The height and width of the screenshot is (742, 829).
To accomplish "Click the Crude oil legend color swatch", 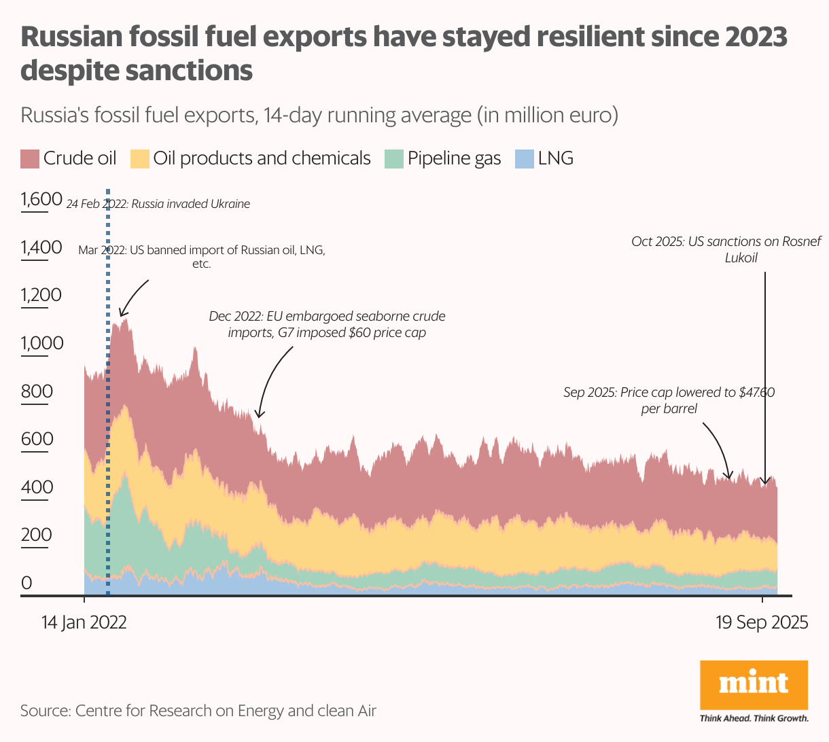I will pyautogui.click(x=31, y=159).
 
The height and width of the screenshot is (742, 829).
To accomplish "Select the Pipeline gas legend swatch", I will pyautogui.click(x=394, y=159).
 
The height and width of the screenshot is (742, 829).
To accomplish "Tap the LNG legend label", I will pyautogui.click(x=556, y=158).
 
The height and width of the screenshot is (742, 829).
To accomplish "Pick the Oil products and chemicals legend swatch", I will pyautogui.click(x=140, y=159).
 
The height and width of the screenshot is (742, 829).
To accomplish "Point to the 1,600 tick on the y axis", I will pyautogui.click(x=41, y=200).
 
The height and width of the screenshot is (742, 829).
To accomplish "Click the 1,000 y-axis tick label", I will pyautogui.click(x=41, y=343).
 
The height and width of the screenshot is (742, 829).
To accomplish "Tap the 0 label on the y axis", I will pyautogui.click(x=27, y=583).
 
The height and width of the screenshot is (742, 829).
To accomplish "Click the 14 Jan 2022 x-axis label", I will pyautogui.click(x=84, y=622).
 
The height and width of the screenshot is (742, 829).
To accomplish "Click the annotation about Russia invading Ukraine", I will pyautogui.click(x=158, y=204).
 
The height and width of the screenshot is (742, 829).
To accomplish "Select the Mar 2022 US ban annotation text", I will pyautogui.click(x=202, y=256).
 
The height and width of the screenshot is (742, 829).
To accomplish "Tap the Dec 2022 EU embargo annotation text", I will pyautogui.click(x=327, y=325).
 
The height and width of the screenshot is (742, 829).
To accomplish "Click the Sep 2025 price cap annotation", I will pyautogui.click(x=669, y=400).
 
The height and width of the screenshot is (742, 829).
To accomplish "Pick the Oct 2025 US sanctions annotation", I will pyautogui.click(x=726, y=249).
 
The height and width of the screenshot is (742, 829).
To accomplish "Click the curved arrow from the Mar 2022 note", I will pyautogui.click(x=133, y=296).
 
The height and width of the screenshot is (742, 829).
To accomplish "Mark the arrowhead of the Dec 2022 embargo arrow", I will pyautogui.click(x=258, y=414).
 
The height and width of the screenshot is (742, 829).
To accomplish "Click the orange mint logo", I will pyautogui.click(x=754, y=685).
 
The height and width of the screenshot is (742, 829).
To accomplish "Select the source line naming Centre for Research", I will pyautogui.click(x=198, y=711).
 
